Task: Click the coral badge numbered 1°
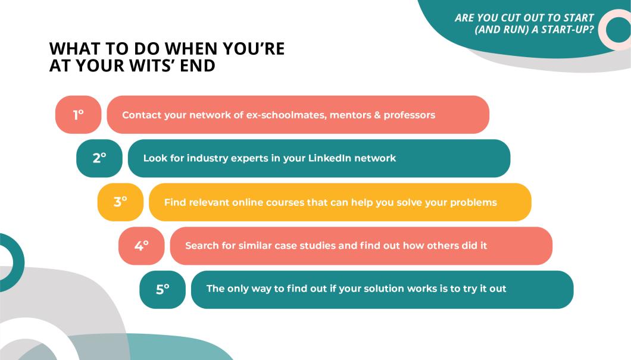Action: point(78,115)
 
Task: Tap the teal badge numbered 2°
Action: point(99,158)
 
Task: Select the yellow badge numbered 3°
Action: point(120,202)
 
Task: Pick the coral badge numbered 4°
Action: point(141,246)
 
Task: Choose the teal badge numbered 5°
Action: point(163,290)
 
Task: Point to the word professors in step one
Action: point(410,115)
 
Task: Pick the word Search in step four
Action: point(202,246)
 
